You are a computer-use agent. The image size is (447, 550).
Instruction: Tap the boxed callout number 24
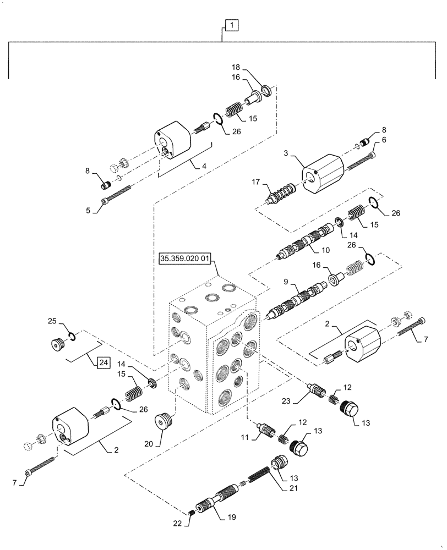(x=103, y=362)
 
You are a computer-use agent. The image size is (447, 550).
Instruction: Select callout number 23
(x=287, y=401)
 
